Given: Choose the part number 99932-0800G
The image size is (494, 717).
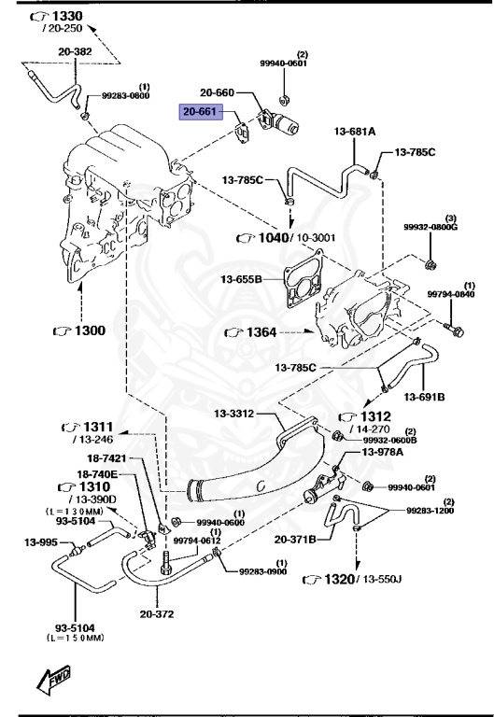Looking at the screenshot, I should click(430, 226).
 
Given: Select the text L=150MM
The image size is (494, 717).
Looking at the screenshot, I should click(76, 638).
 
